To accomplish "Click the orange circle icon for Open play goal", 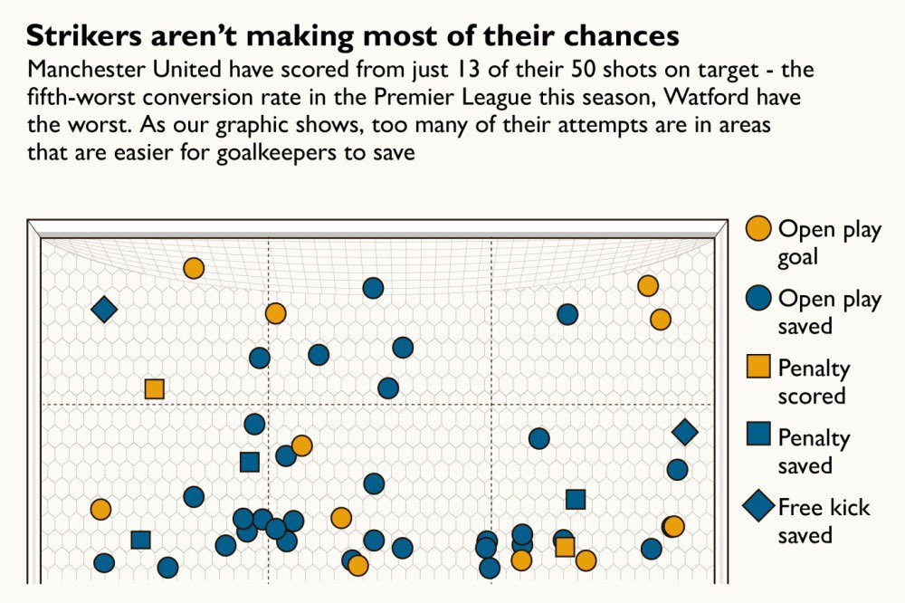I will pyautogui.click(x=759, y=230).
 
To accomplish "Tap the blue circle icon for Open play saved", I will pyautogui.click(x=759, y=299).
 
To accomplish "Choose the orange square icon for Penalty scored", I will pyautogui.click(x=759, y=368).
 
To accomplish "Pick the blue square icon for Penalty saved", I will pyautogui.click(x=759, y=437).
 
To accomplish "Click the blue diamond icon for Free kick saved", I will pyautogui.click(x=759, y=507).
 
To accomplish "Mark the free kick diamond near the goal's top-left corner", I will pyautogui.click(x=104, y=310).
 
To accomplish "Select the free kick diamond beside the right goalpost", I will pyautogui.click(x=685, y=433).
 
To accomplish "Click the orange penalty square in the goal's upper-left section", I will pyautogui.click(x=154, y=388).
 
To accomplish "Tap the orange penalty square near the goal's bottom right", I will pyautogui.click(x=565, y=546).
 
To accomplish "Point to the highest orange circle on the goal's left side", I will pyautogui.click(x=193, y=268).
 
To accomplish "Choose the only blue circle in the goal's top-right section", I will pyautogui.click(x=567, y=314).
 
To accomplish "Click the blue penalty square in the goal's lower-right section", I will pyautogui.click(x=576, y=499).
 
